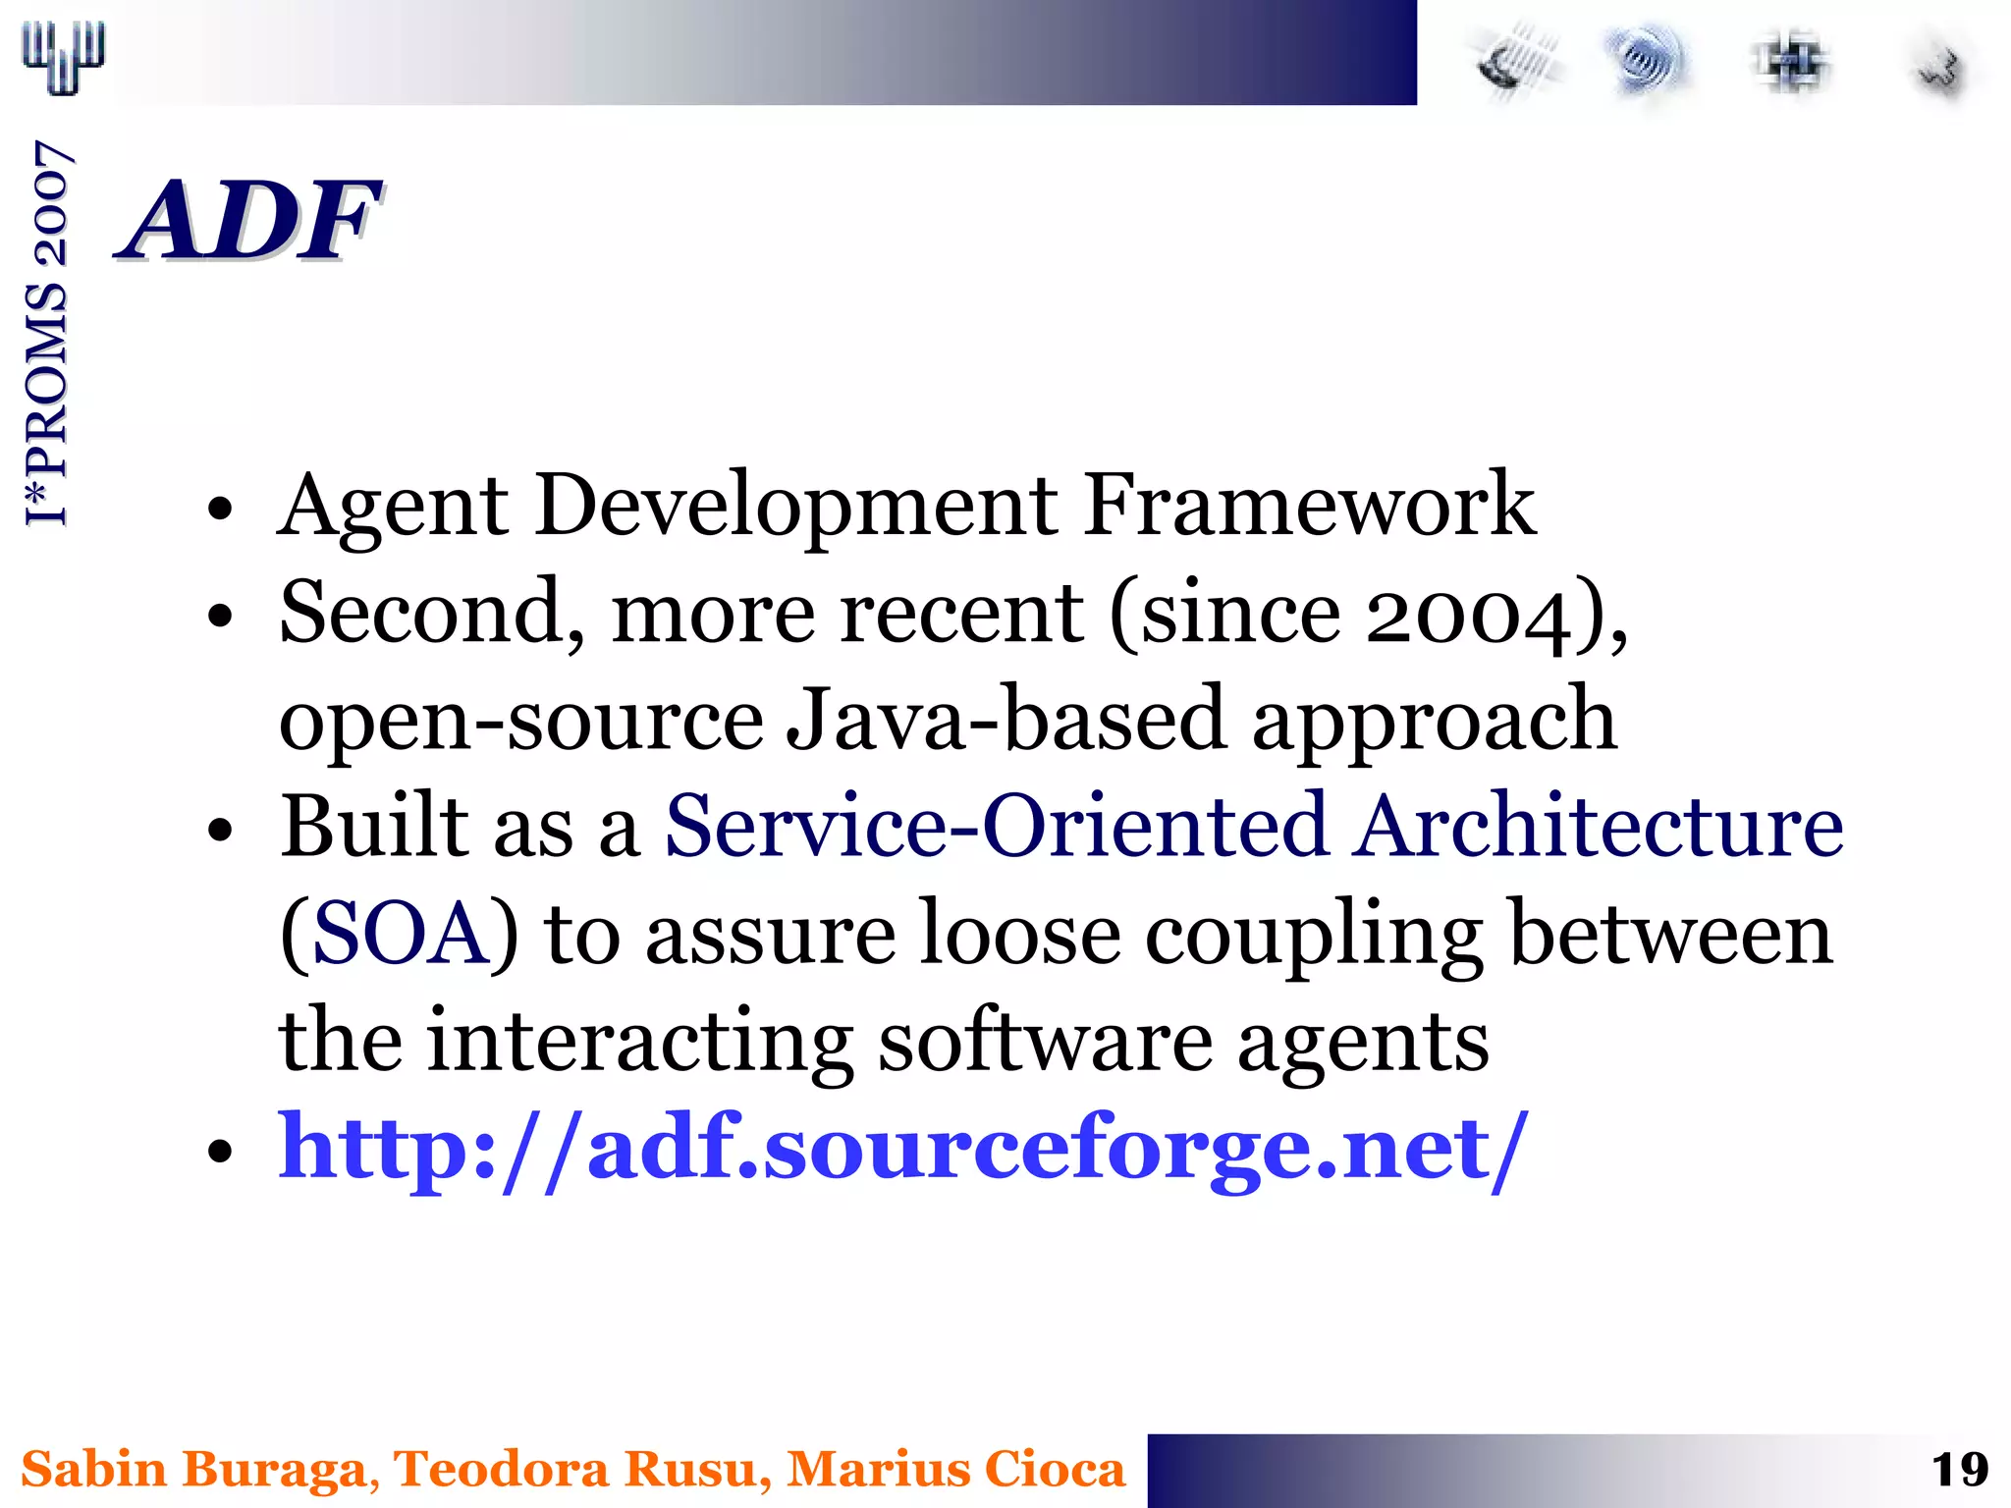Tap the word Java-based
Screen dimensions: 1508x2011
click(x=1006, y=720)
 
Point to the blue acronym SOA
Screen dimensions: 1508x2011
click(x=400, y=933)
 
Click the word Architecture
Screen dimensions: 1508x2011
click(x=1598, y=827)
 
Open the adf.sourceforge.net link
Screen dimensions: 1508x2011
click(x=903, y=1147)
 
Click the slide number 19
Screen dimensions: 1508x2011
click(x=1959, y=1470)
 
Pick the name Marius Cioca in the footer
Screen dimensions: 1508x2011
click(x=955, y=1470)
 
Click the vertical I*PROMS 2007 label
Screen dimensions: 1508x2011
click(x=47, y=334)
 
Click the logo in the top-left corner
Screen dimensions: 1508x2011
click(x=63, y=56)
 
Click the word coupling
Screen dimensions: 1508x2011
click(x=1314, y=935)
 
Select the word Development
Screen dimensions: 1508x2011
click(x=795, y=507)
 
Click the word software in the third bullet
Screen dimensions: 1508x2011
click(x=1044, y=1041)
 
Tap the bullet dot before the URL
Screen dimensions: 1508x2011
click(x=221, y=1150)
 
